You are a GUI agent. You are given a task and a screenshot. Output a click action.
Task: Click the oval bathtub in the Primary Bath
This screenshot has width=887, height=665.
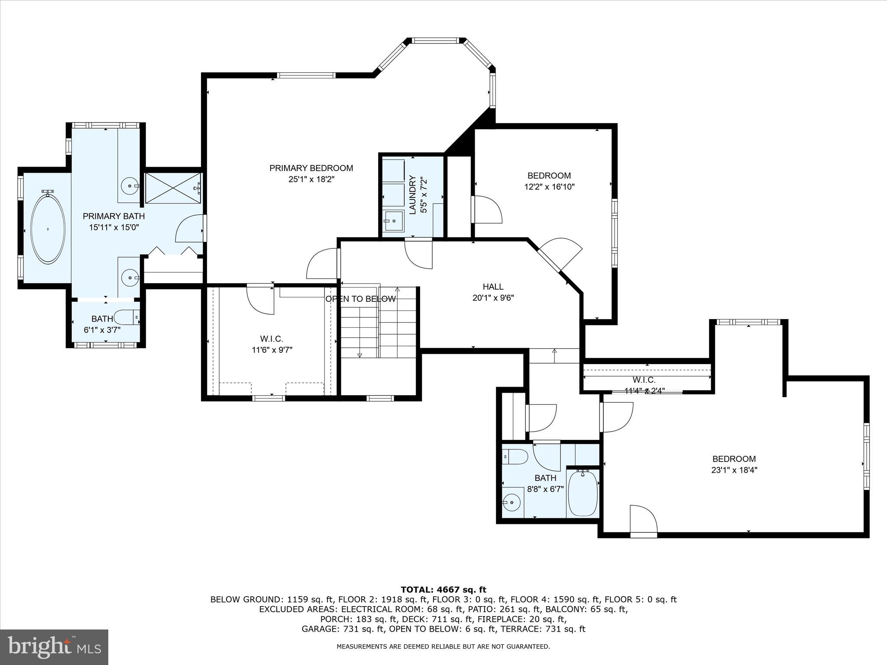(x=48, y=229)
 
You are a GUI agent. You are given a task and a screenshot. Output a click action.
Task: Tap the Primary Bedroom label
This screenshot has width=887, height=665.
(x=311, y=168)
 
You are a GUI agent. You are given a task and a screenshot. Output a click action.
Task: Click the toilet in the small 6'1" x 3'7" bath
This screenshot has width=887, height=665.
(x=128, y=317)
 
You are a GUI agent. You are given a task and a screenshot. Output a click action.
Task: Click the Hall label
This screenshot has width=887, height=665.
(x=493, y=287)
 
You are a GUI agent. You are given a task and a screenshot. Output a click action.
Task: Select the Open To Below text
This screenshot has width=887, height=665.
(x=360, y=299)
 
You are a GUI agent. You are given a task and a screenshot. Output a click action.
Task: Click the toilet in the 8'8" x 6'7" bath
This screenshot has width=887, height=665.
(x=515, y=457)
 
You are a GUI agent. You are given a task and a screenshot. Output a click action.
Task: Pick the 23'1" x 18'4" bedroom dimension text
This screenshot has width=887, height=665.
(x=734, y=470)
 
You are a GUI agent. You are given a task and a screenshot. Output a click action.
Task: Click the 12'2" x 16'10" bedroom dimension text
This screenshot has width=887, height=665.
(x=549, y=187)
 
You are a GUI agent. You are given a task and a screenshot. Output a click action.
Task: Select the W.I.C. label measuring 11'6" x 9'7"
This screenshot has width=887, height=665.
(x=272, y=339)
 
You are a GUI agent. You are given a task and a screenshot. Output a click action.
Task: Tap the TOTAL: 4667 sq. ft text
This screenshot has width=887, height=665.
(x=443, y=590)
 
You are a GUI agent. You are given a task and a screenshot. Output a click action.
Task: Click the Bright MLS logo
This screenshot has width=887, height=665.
(x=54, y=647)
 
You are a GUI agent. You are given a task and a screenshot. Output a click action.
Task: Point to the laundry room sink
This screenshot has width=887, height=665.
(x=392, y=221)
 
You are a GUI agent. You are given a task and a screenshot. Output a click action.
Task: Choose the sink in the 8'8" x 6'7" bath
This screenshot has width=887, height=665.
(x=511, y=503)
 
